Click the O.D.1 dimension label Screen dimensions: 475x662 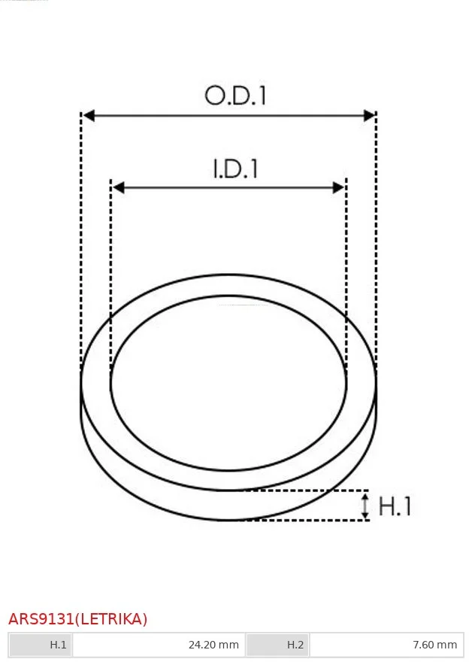point(235,96)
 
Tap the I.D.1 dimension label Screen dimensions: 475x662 point(235,169)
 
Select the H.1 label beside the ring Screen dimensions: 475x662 point(395,506)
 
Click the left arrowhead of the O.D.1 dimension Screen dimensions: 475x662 point(89,115)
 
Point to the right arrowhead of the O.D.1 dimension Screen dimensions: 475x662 point(369,115)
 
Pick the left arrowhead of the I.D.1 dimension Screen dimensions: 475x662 point(119,187)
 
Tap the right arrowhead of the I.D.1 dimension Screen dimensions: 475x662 point(339,187)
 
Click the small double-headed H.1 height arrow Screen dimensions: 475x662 point(365,506)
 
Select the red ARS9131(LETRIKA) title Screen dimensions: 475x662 point(78,619)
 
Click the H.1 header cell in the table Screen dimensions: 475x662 point(41,645)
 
